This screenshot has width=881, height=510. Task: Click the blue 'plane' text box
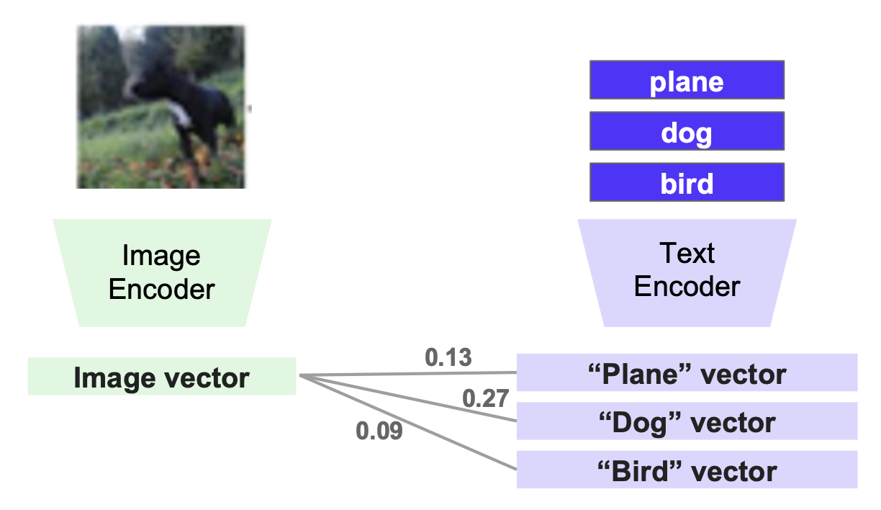point(687,80)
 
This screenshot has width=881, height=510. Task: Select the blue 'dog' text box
point(687,132)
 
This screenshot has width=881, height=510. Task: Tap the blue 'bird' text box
point(687,183)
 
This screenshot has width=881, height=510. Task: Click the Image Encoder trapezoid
point(161,273)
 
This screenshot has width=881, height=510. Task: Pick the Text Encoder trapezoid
point(687,272)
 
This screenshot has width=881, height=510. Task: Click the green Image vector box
point(162,377)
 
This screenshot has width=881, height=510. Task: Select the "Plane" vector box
point(687,373)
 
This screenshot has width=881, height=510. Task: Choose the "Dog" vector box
point(687,421)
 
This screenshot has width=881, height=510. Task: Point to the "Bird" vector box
point(687,470)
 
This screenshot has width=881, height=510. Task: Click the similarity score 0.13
point(448,357)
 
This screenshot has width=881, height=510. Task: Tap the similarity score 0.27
point(486,398)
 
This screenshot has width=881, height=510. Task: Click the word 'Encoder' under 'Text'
point(687,287)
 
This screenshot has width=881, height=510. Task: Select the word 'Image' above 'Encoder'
point(161,256)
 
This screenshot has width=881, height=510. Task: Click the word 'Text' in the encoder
point(687,254)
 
